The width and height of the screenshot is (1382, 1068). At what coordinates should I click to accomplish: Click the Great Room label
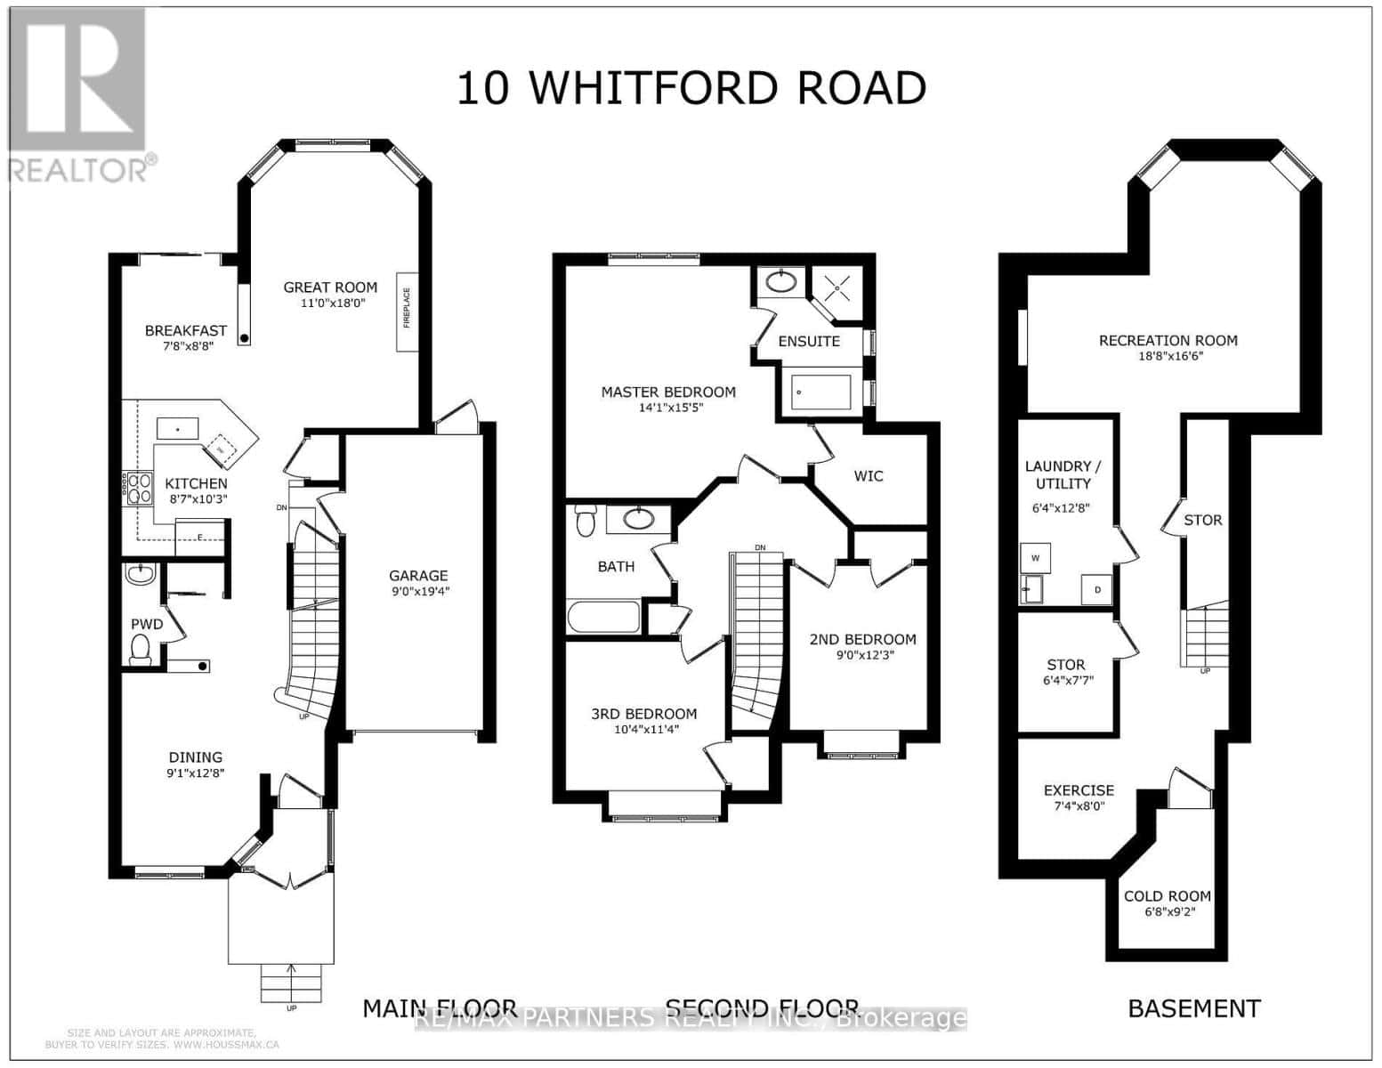[x=330, y=287]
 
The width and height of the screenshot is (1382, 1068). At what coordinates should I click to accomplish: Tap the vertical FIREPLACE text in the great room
[x=408, y=308]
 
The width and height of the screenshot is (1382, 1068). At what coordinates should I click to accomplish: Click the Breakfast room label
[x=185, y=330]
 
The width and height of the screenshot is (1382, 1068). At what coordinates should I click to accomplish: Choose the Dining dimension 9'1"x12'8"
[x=196, y=773]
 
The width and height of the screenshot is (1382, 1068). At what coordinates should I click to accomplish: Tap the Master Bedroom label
[x=667, y=392]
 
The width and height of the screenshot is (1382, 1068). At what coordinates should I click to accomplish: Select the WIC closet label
[x=868, y=476]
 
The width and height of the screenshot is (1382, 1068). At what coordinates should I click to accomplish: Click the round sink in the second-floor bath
[x=638, y=518]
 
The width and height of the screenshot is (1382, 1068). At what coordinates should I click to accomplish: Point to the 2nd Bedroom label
[x=861, y=639]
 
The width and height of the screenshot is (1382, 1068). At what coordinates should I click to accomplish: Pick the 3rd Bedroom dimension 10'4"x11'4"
[x=643, y=730]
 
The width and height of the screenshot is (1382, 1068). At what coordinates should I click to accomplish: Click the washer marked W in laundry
[x=1035, y=558]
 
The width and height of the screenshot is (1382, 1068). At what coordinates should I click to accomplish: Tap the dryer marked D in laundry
[x=1096, y=589]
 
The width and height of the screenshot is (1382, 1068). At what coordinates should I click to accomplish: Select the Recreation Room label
[x=1168, y=340]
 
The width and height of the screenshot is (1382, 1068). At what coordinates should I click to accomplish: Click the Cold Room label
[x=1167, y=896]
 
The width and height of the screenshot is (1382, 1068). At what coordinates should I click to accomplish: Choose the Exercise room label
[x=1079, y=790]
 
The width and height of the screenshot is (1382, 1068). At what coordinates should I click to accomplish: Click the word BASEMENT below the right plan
[x=1193, y=1008]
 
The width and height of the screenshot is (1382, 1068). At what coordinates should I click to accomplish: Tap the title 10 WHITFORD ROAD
[x=691, y=88]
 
